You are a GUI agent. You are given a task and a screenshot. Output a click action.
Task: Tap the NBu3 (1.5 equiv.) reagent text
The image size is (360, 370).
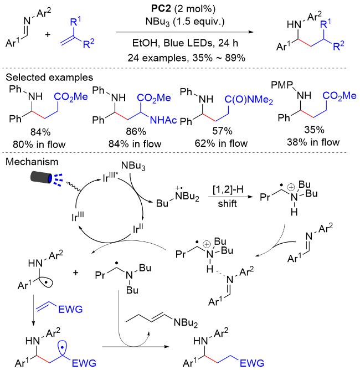coord(185,22)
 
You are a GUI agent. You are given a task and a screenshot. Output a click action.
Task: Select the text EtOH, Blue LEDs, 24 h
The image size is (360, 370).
coord(185,43)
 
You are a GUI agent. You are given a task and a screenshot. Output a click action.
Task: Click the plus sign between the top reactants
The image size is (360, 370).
coord(48,34)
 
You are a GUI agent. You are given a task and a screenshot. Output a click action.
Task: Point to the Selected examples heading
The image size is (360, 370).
coord(49,77)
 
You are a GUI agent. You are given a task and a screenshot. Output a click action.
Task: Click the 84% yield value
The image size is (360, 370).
coord(40,132)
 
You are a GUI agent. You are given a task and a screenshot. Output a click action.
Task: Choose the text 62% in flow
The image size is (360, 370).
coord(221,143)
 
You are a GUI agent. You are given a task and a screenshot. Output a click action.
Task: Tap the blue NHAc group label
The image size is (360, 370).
coord(163,120)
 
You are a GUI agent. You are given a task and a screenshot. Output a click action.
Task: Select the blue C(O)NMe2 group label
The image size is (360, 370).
coord(249,100)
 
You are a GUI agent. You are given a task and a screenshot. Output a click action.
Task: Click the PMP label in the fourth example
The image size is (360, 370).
coord(282,85)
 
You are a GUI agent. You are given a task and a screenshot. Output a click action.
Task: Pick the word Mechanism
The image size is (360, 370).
coord(32,162)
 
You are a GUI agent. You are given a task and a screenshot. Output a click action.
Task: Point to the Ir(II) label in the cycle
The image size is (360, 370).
coord(138,229)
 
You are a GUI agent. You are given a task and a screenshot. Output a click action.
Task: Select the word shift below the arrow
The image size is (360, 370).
coord(227,203)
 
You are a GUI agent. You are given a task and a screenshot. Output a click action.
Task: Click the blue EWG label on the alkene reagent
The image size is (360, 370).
coord(70,309)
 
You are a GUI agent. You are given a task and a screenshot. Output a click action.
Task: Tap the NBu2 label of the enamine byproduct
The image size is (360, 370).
coord(186,323)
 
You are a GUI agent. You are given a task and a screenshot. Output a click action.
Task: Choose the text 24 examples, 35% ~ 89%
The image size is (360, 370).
coord(186,58)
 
